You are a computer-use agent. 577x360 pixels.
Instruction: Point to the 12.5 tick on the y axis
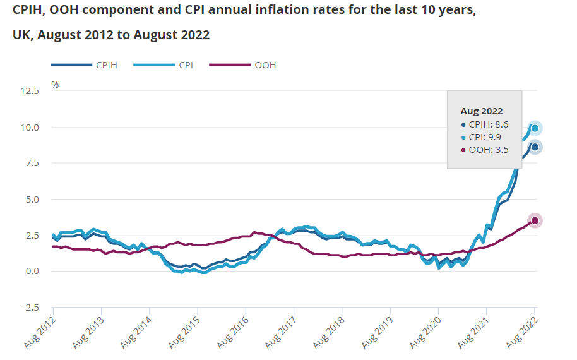[x=29, y=91]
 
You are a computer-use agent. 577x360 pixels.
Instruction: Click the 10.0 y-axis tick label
[x=29, y=127]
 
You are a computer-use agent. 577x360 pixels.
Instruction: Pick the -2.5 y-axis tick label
[x=30, y=308]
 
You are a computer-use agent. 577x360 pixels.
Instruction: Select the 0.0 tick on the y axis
[x=32, y=272]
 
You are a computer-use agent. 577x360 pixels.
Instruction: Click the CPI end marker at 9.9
[x=535, y=128]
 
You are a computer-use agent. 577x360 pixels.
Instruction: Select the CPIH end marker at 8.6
[x=535, y=147]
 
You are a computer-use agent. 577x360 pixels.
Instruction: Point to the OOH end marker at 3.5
[x=535, y=220]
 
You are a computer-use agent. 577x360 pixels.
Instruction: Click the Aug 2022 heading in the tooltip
[x=482, y=111]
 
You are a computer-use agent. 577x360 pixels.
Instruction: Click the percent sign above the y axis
[x=55, y=85]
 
